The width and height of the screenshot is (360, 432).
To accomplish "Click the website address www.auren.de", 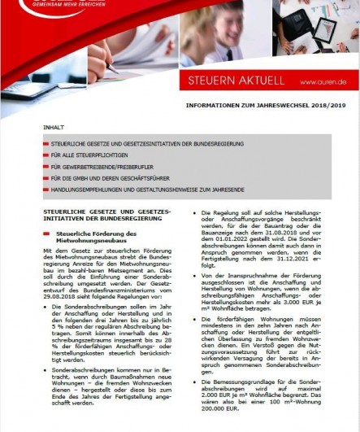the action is coord(323,82).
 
